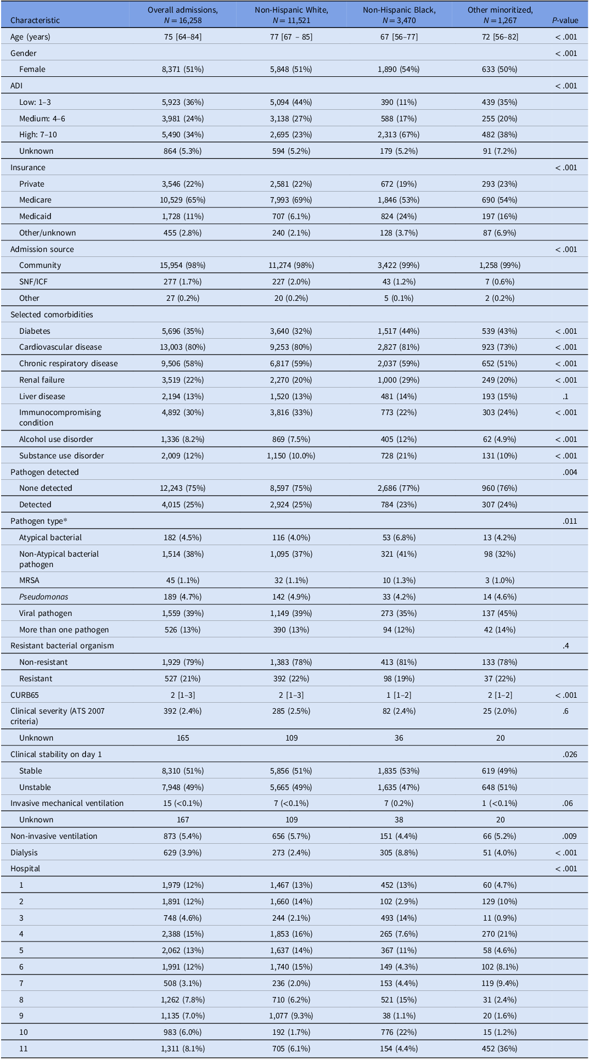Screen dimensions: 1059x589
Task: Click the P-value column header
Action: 565,20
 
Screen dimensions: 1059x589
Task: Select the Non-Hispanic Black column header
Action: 399,15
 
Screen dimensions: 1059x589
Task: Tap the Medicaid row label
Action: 35,216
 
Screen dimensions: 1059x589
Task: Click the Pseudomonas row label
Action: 44,597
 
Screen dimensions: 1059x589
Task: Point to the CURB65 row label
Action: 26,695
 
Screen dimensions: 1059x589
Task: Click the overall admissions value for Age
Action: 183,37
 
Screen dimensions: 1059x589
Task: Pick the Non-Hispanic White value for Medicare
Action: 291,200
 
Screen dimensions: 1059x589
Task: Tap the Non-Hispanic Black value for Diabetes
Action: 399,331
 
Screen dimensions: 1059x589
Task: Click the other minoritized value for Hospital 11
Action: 500,1049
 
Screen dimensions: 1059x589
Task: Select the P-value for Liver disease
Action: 574,396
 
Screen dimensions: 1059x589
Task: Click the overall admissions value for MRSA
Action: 183,580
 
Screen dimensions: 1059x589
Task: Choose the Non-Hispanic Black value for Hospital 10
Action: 399,1033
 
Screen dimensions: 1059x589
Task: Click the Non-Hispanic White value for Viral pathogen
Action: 291,613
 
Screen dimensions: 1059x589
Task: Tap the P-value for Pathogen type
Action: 570,521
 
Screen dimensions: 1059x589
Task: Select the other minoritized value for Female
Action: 500,69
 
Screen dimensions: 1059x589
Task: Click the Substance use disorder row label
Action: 61,456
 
